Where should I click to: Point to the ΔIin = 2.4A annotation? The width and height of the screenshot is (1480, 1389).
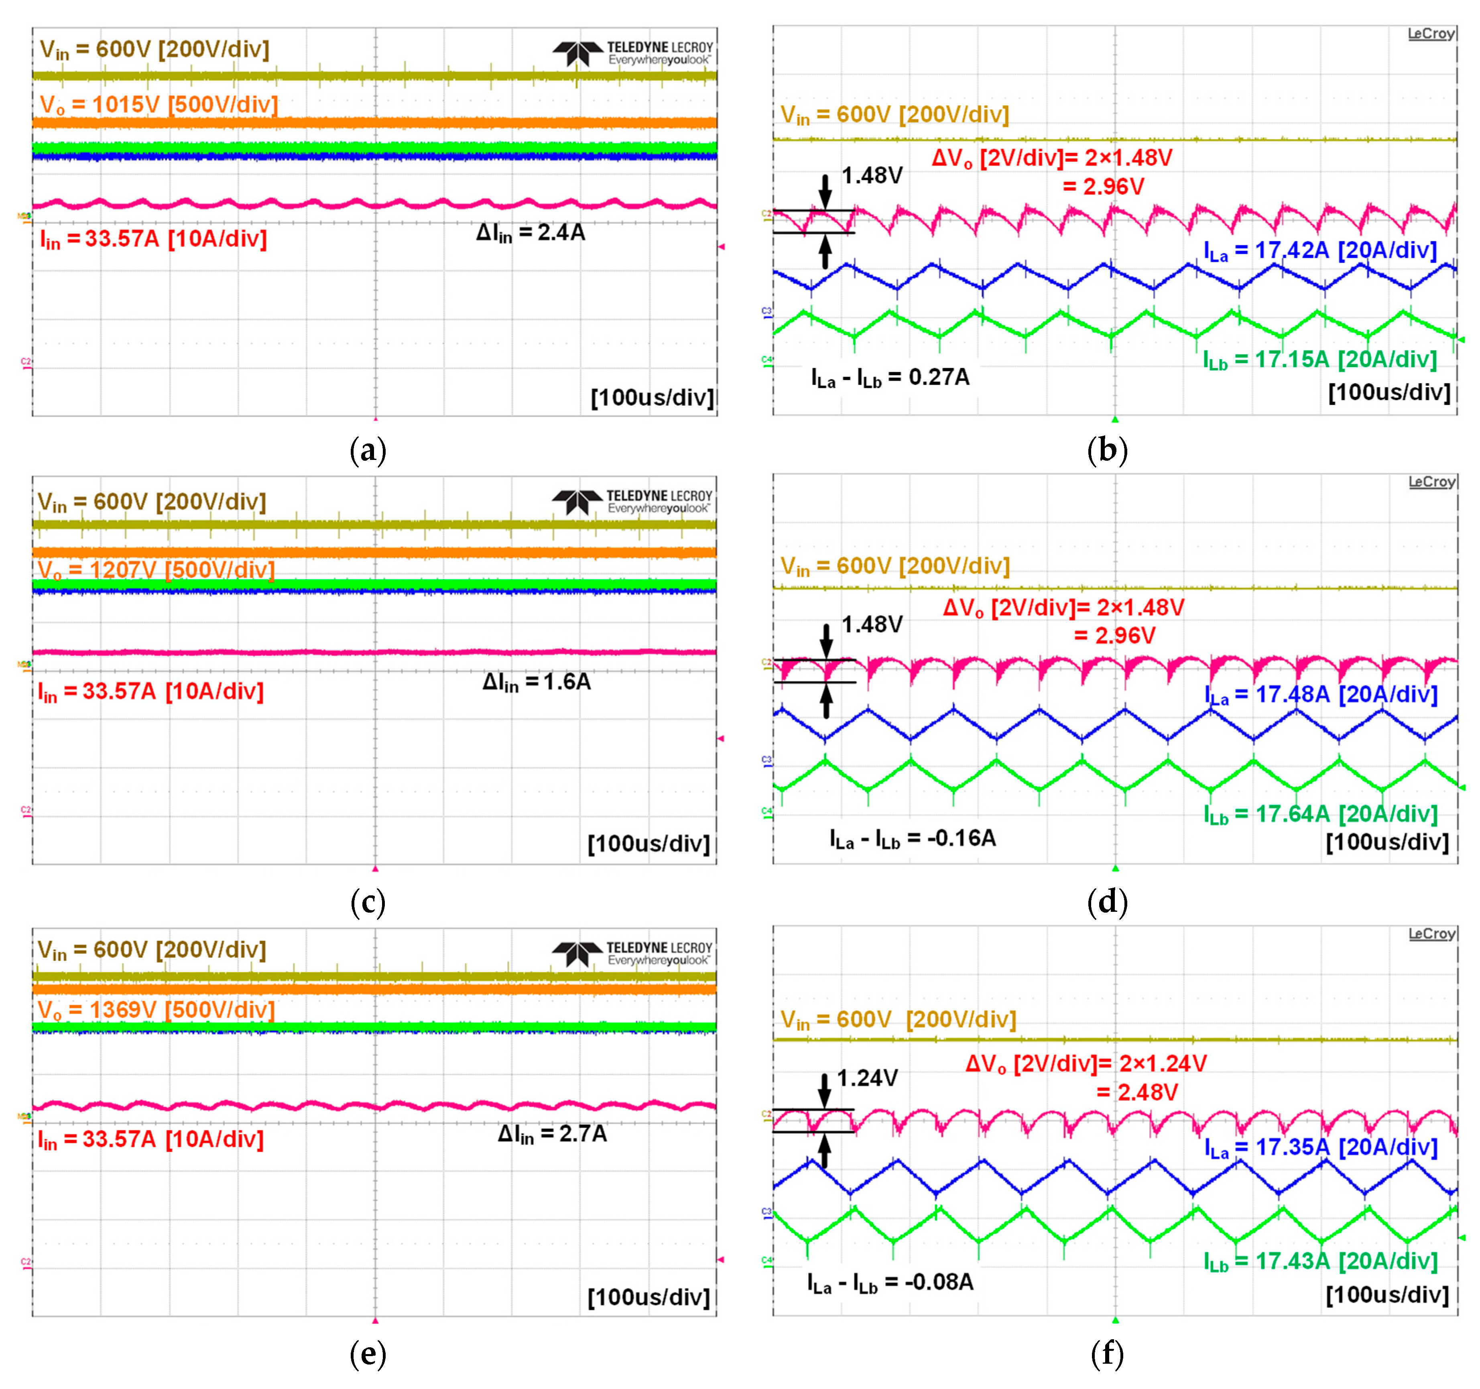531,233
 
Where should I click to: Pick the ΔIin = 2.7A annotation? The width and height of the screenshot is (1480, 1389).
553,1135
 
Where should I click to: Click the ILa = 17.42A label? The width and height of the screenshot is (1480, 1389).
1320,251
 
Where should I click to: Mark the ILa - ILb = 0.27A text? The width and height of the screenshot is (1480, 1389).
890,378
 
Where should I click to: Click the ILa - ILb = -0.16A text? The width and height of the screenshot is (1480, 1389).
913,840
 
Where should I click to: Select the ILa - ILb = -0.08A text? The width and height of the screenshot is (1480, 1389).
890,1283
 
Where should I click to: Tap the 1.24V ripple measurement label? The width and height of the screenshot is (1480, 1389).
867,1078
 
